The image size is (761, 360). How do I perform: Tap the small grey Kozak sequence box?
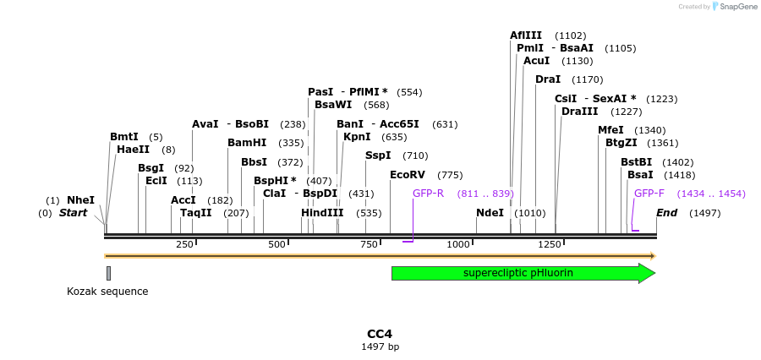click(108, 273)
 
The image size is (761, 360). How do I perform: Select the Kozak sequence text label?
click(107, 292)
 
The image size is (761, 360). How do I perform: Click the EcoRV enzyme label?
click(408, 175)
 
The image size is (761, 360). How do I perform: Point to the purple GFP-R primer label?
click(428, 194)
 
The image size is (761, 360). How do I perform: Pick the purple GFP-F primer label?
click(649, 194)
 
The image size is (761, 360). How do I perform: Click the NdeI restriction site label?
click(490, 213)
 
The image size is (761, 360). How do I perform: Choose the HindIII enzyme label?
click(322, 213)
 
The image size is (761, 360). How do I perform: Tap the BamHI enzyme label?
click(247, 143)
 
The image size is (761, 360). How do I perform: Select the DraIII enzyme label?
click(579, 112)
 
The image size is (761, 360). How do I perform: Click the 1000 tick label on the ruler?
click(458, 244)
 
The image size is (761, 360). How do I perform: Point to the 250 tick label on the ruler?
click(184, 244)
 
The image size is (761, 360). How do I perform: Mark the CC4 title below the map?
click(380, 334)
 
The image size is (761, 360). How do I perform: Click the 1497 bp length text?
click(380, 346)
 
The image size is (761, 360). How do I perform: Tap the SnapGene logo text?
click(738, 7)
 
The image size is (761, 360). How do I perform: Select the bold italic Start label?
click(73, 213)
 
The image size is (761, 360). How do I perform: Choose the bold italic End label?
click(666, 213)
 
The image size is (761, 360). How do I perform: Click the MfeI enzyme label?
click(610, 130)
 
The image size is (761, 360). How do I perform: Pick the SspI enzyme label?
click(378, 155)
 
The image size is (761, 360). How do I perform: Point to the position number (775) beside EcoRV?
click(450, 175)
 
